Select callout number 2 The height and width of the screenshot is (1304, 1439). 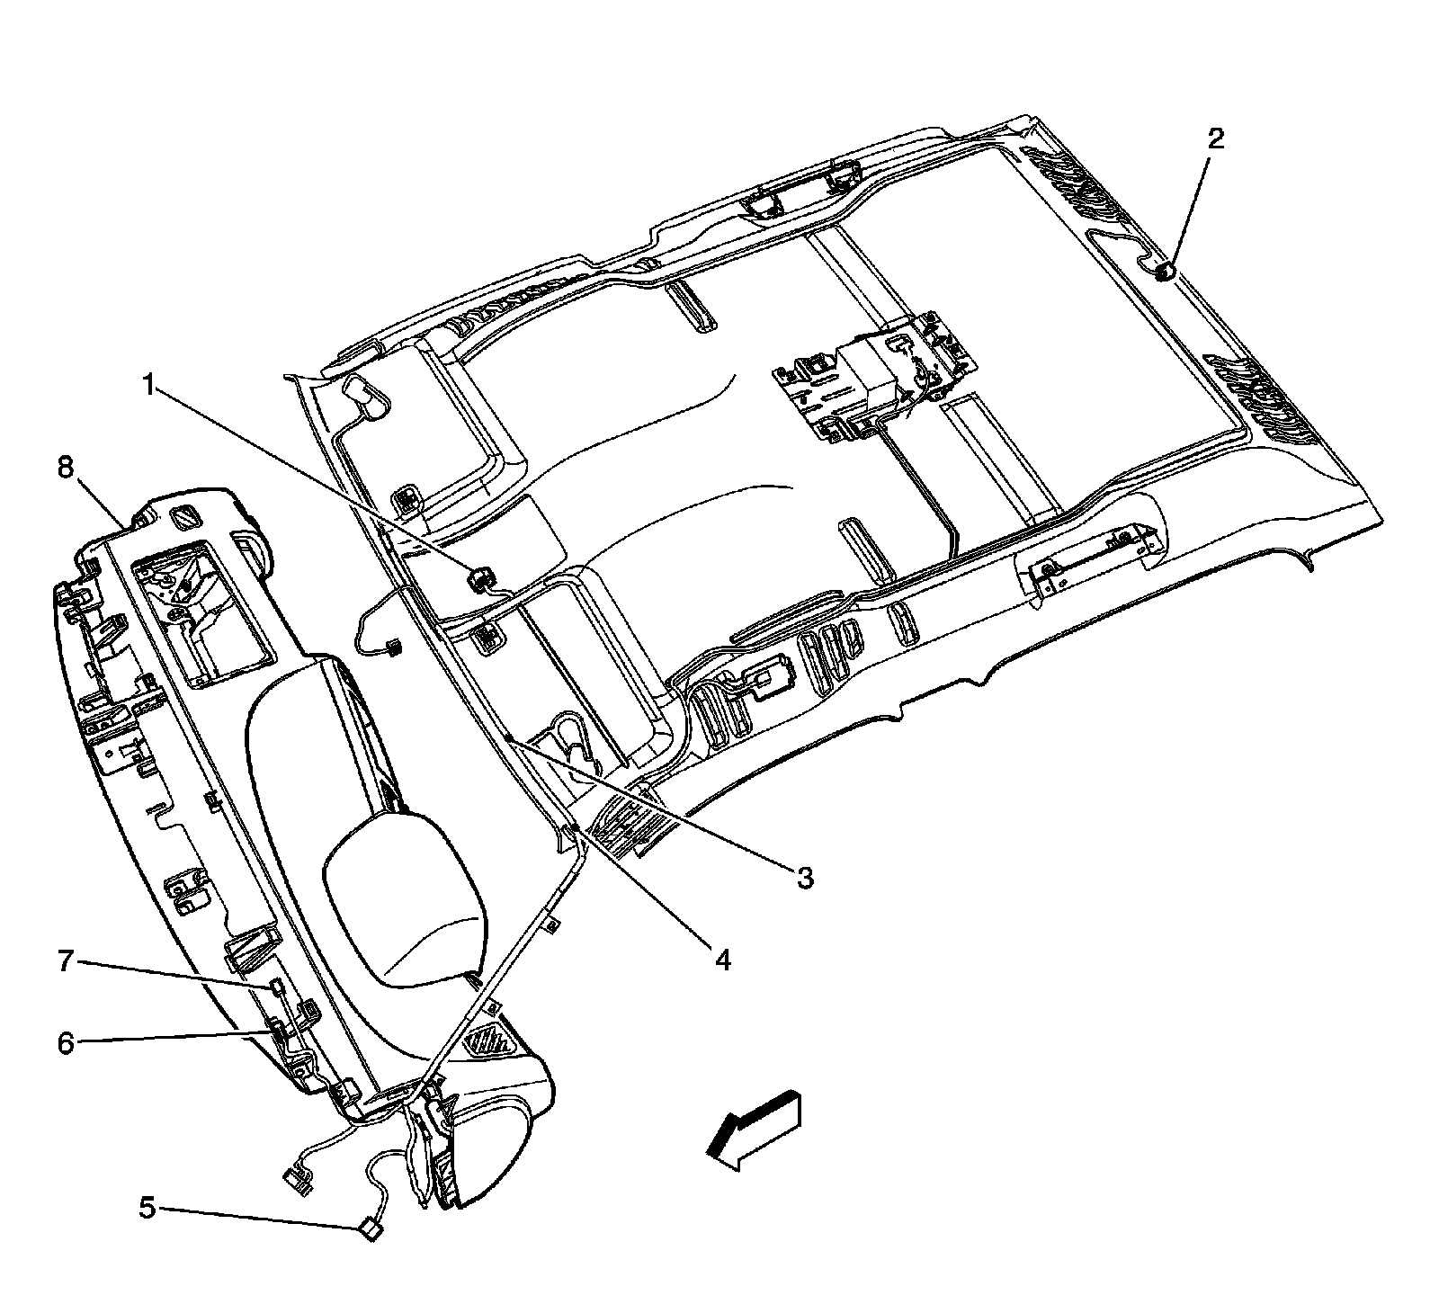point(1215,139)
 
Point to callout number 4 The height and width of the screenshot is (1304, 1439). point(722,959)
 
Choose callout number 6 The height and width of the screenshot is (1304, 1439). point(66,1042)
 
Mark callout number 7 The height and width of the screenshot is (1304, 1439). point(66,963)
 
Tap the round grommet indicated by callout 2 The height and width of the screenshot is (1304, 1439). point(1166,271)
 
